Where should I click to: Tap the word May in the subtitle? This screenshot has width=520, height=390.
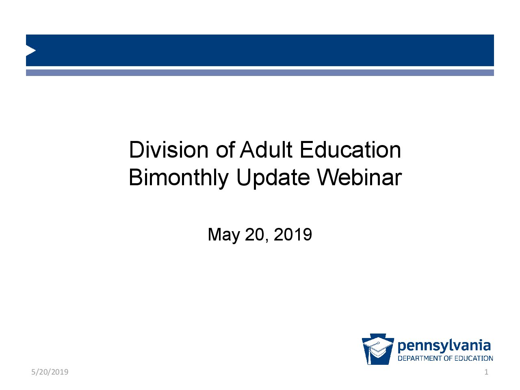pyautogui.click(x=223, y=235)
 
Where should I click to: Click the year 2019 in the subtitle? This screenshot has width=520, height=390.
pyautogui.click(x=293, y=234)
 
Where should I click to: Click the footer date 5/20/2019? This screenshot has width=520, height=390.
pyautogui.click(x=50, y=372)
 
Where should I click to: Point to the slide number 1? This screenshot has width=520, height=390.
pyautogui.click(x=486, y=372)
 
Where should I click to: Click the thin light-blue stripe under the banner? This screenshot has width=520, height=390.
pyautogui.click(x=260, y=73)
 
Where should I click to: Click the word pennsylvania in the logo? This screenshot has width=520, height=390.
pyautogui.click(x=444, y=346)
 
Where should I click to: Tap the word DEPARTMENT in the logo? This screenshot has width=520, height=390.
pyautogui.click(x=420, y=358)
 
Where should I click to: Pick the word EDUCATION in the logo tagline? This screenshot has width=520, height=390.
pyautogui.click(x=474, y=358)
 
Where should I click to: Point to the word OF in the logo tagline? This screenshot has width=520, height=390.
pyautogui.click(x=448, y=358)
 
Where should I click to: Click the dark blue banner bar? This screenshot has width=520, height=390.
pyautogui.click(x=260, y=50)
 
